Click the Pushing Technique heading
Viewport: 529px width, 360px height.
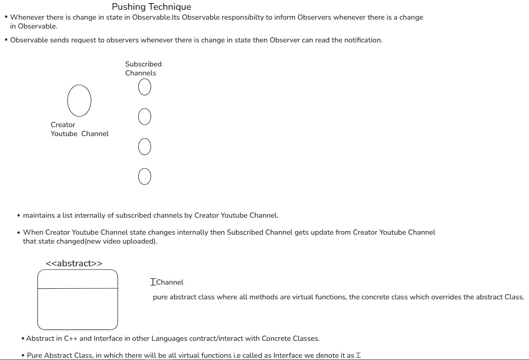coord(151,7)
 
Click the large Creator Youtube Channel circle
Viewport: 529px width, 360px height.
coord(79,100)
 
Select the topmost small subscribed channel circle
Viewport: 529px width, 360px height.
coord(144,87)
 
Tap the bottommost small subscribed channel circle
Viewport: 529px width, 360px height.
coord(144,176)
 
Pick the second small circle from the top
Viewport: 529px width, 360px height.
coord(144,117)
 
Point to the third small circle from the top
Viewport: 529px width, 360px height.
coord(144,146)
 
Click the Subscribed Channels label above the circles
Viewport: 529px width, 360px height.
coord(143,68)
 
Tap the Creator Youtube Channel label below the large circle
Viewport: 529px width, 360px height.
coord(79,129)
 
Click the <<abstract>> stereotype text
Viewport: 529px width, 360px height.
coord(74,263)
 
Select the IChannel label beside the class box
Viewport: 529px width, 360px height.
coord(167,282)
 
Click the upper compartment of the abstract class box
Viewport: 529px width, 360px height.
coord(78,279)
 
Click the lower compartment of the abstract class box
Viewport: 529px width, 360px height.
coord(78,308)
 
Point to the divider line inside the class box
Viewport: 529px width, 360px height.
coord(78,289)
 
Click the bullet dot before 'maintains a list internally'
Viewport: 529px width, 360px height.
coord(18,216)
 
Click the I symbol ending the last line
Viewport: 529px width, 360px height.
coord(358,356)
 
